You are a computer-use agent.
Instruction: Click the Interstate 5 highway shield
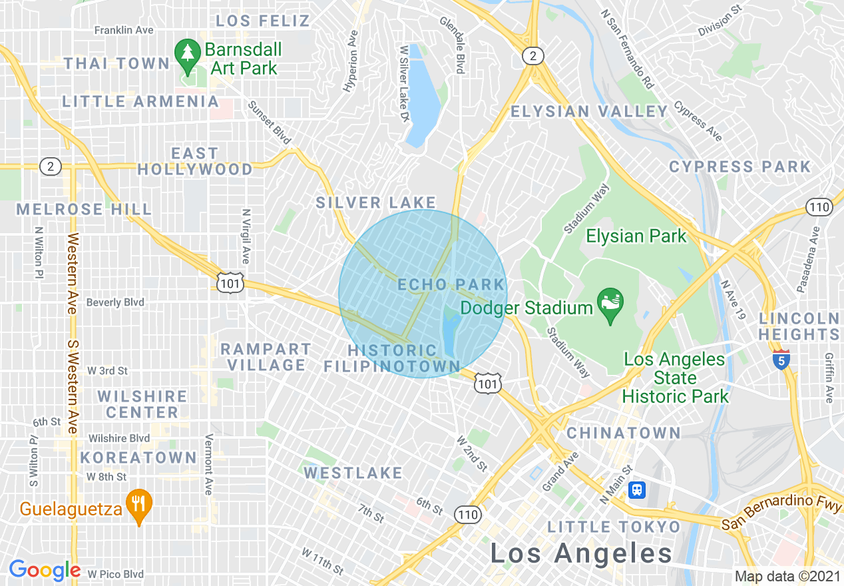pyautogui.click(x=781, y=359)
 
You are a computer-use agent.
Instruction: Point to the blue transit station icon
pyautogui.click(x=638, y=490)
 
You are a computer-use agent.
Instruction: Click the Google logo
pyautogui.click(x=44, y=571)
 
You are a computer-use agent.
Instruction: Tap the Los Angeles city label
pyautogui.click(x=582, y=553)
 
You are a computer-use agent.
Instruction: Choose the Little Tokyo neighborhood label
pyautogui.click(x=614, y=527)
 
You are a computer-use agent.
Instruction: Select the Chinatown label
pyautogui.click(x=624, y=434)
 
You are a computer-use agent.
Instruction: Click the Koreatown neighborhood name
pyautogui.click(x=138, y=458)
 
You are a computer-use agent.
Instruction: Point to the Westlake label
pyautogui.click(x=353, y=473)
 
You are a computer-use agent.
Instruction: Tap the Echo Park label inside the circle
pyautogui.click(x=451, y=285)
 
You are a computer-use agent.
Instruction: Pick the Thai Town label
pyautogui.click(x=117, y=63)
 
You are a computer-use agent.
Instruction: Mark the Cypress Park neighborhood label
pyautogui.click(x=740, y=166)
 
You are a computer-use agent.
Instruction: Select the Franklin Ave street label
pyautogui.click(x=124, y=30)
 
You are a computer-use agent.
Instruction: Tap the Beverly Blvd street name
pyautogui.click(x=115, y=302)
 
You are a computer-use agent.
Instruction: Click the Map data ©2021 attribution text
pyautogui.click(x=787, y=576)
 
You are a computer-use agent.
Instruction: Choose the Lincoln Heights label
pyautogui.click(x=799, y=326)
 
